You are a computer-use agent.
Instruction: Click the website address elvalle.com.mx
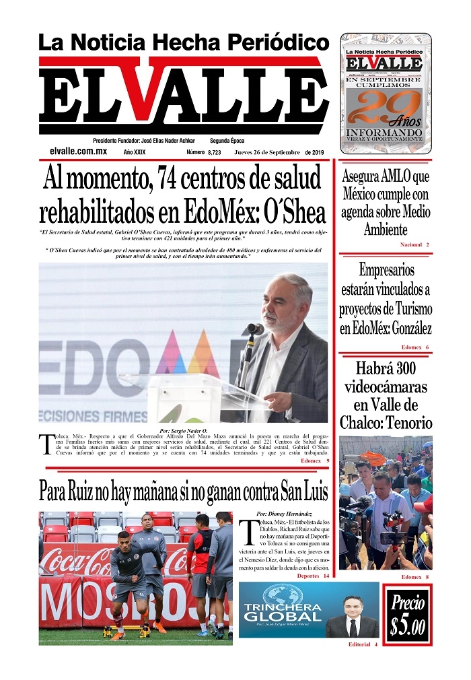(78, 152)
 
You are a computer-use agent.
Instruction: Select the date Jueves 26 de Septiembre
(267, 153)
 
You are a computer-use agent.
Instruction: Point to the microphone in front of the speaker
(255, 329)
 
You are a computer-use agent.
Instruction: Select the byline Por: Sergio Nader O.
(183, 430)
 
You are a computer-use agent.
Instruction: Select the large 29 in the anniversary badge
(377, 107)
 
